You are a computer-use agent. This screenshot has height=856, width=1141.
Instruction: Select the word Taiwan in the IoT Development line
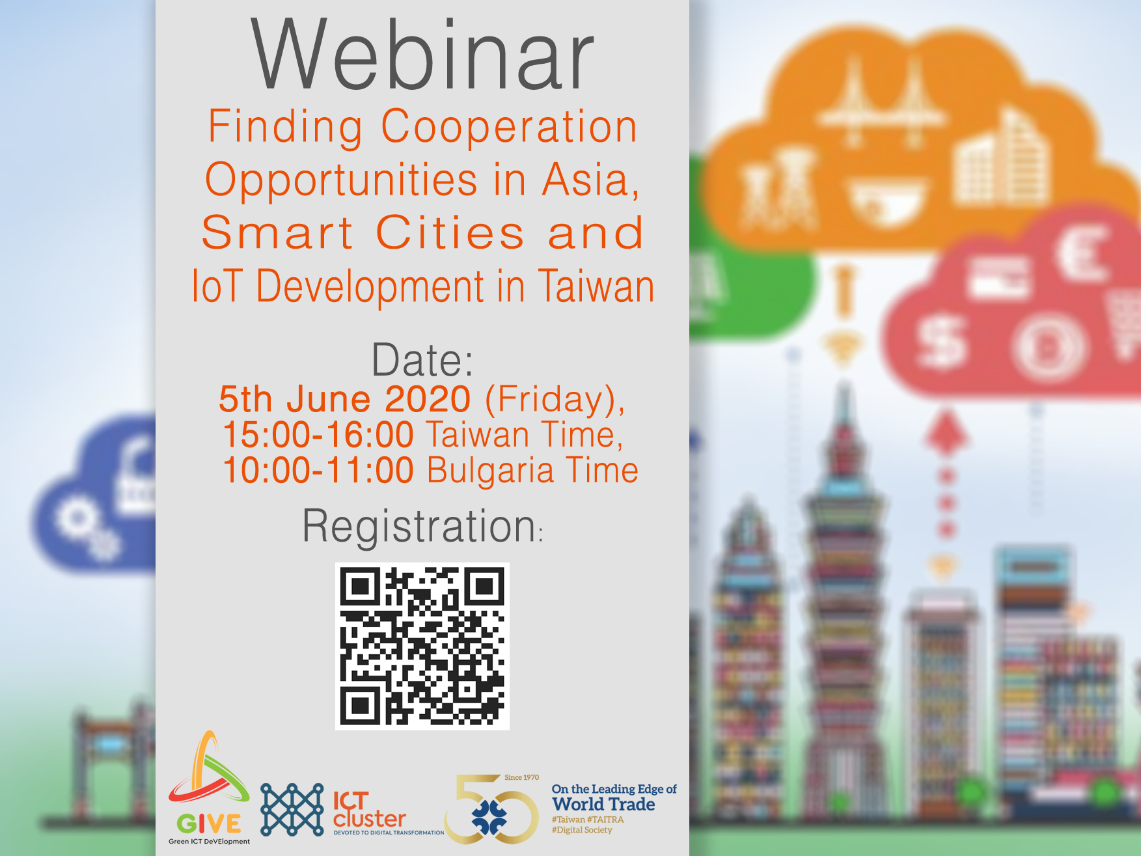[596, 286]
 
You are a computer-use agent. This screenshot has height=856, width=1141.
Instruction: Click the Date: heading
[422, 359]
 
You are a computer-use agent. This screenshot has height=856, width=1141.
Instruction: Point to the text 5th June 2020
[344, 398]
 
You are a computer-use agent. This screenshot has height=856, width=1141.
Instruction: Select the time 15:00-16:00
[318, 434]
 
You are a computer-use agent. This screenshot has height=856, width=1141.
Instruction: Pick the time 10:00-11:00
[318, 470]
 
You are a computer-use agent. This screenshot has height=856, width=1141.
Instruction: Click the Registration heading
[422, 526]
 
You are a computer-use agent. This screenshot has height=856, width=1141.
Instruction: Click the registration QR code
[422, 646]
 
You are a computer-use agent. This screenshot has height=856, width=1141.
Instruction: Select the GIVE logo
[209, 788]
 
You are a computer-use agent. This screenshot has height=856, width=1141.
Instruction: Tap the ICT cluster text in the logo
[369, 809]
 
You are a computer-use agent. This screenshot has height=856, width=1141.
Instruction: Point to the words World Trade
[603, 805]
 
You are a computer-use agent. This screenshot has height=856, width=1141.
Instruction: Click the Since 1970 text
[521, 777]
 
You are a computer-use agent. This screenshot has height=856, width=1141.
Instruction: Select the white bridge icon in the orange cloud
[882, 104]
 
